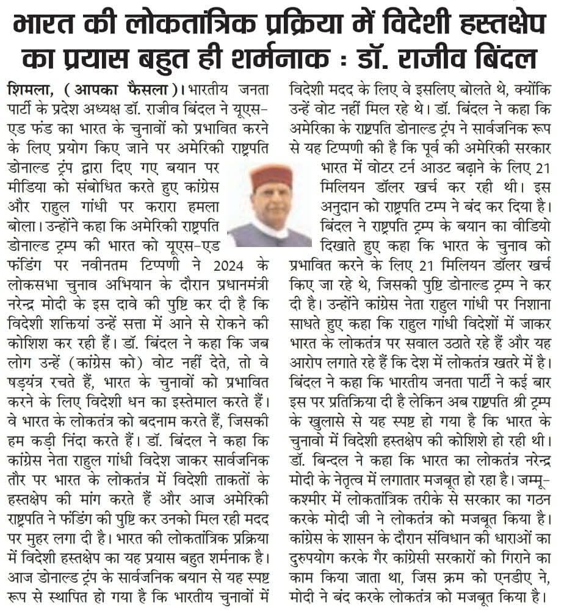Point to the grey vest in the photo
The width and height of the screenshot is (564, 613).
click(269, 235)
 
